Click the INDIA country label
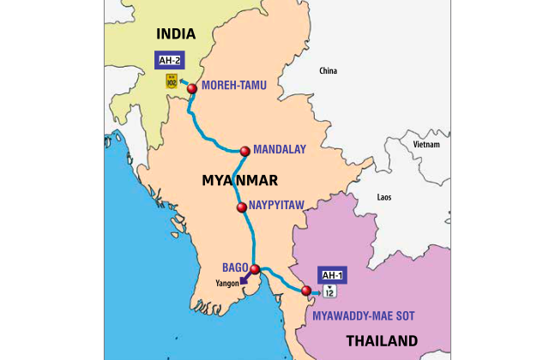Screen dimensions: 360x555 coord(175,34)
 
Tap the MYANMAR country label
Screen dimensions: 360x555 coord(239,180)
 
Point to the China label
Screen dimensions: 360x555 coord(328,70)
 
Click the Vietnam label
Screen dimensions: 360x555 coord(426,145)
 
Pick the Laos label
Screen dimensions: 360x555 coord(384,197)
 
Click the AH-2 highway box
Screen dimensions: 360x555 coord(167,60)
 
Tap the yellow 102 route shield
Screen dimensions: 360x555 coord(172,81)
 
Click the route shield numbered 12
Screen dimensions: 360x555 coord(330,292)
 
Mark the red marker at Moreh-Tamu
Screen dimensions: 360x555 coord(192,88)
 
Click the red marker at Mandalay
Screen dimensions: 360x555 coord(244,151)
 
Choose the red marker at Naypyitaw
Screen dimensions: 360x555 coord(242,207)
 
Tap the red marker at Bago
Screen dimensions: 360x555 coord(254,269)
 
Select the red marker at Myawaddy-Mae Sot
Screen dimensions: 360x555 coord(306,291)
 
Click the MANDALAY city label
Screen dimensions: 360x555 coord(280,149)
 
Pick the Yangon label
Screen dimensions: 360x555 coord(227,284)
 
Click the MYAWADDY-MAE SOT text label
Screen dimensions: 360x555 coord(364,316)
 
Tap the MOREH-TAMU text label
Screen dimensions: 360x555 coord(234,86)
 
